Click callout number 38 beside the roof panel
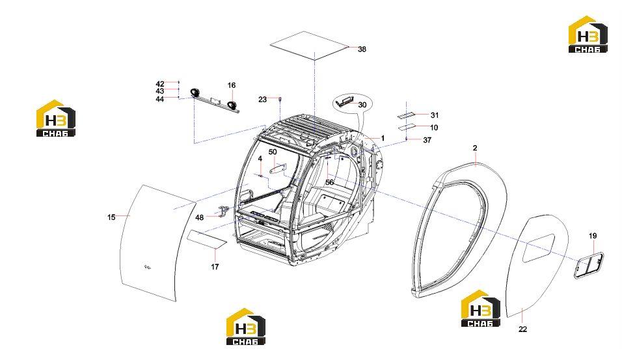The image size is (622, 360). (362, 49)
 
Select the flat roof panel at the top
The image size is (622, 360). (310, 46)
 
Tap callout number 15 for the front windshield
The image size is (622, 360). (111, 217)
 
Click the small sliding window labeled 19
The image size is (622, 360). (589, 265)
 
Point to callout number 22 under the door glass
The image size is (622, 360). (523, 329)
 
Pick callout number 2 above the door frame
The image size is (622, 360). (475, 148)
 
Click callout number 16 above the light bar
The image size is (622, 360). (232, 85)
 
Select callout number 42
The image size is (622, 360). (160, 84)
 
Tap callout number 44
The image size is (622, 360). (160, 99)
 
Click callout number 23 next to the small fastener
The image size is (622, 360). (263, 99)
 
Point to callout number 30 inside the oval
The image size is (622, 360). (362, 105)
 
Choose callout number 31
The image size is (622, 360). (435, 115)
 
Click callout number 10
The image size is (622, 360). (434, 128)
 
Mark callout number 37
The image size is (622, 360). (427, 140)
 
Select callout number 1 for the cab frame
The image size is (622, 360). (383, 138)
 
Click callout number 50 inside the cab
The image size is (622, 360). (273, 152)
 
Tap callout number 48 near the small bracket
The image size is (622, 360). (200, 217)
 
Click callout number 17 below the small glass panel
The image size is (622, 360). (215, 267)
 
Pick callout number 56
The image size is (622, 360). (329, 182)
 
